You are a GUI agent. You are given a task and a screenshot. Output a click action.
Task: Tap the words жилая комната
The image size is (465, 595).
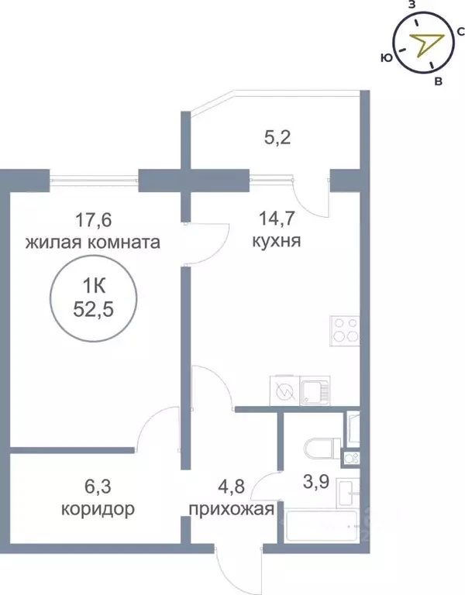click(x=93, y=242)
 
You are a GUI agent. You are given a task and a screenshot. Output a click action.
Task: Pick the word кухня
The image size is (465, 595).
click(x=276, y=242)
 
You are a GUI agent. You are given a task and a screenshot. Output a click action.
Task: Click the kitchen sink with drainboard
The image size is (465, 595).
click(x=315, y=390)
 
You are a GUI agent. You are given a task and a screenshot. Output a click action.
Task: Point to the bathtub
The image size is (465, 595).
click(x=325, y=527)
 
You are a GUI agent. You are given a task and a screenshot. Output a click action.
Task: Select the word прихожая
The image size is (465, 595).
click(x=231, y=510)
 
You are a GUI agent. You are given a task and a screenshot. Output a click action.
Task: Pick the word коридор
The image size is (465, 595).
click(x=98, y=510)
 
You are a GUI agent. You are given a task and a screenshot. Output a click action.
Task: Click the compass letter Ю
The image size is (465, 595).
click(x=384, y=57)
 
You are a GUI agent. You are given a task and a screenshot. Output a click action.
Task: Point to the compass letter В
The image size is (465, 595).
click(x=439, y=81)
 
